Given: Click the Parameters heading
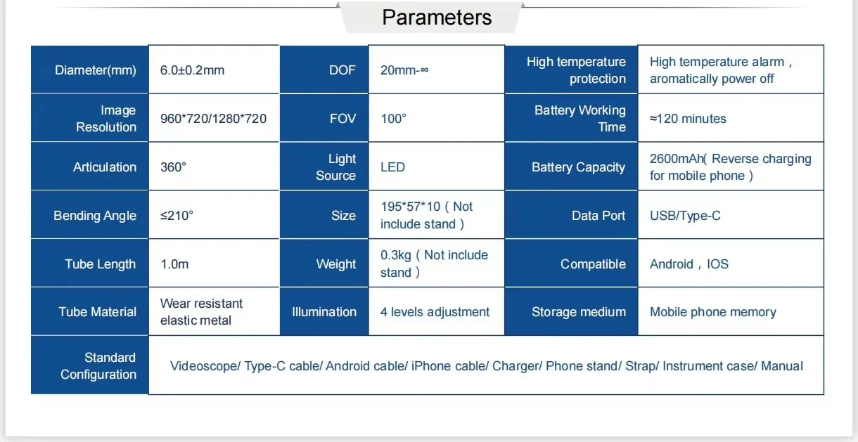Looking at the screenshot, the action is (x=437, y=18).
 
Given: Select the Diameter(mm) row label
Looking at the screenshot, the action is (x=96, y=70).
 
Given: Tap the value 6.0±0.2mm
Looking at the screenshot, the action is (x=192, y=70).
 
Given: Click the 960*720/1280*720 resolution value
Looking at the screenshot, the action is (x=213, y=119).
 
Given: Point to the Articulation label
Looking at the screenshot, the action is (x=105, y=167).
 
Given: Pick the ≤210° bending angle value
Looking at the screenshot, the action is (x=177, y=216).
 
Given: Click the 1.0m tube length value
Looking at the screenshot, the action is (x=174, y=264).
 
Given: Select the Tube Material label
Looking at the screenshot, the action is (x=97, y=312).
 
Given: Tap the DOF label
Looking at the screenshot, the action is (x=342, y=70).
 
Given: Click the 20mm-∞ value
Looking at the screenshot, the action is (x=404, y=70).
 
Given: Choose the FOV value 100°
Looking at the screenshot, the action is (x=393, y=119).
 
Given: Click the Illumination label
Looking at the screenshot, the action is (x=324, y=312).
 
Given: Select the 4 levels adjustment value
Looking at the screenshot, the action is (x=435, y=312).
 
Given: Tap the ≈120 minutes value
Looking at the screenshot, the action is (x=688, y=119).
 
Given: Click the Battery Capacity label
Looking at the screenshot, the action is (x=578, y=167).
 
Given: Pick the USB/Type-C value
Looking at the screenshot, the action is (x=685, y=216).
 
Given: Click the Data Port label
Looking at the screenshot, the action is (x=598, y=216).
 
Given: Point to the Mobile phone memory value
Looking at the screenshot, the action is (x=713, y=312).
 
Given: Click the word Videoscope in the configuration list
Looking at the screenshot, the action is (x=205, y=366).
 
